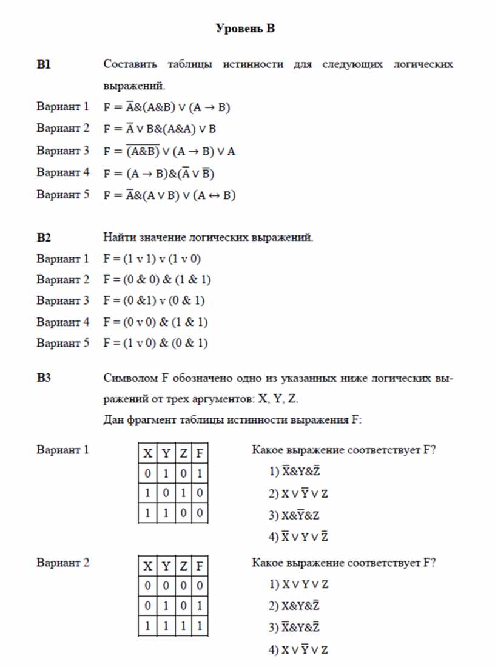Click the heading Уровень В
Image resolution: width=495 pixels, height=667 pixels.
pos(246,29)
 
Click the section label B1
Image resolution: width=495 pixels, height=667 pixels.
pos(43,64)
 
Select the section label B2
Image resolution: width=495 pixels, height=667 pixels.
pos(44,237)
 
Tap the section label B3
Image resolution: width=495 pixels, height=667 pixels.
pos(44,379)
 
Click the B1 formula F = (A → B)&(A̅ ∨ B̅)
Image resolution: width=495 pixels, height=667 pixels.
pos(160,174)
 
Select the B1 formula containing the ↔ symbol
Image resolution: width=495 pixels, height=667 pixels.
pos(169,195)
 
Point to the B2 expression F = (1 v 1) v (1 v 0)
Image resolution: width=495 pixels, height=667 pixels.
pos(152,259)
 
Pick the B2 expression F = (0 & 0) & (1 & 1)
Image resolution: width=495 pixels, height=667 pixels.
pos(157,280)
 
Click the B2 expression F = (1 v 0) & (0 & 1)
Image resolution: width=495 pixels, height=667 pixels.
pos(155,343)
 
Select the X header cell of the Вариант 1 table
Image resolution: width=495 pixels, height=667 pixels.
pos(147,453)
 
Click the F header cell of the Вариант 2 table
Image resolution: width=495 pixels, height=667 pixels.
pos(199,566)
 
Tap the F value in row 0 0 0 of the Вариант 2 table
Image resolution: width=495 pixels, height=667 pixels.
pos(199,586)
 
